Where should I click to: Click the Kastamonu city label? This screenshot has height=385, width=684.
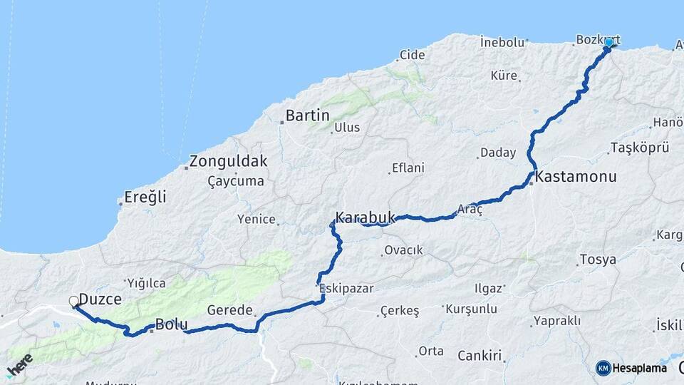pos(576,176)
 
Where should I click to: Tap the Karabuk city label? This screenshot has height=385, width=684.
pos(365,215)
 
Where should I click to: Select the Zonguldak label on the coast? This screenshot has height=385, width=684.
pos(228,161)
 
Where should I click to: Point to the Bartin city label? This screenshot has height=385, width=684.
pos(307,115)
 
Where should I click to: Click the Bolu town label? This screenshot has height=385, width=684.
pos(171,324)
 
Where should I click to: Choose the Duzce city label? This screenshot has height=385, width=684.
pos(100,299)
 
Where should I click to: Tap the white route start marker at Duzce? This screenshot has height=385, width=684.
pos(73,302)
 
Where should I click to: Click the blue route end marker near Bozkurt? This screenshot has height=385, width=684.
pos(608,43)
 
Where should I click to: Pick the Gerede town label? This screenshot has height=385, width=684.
pos(229,310)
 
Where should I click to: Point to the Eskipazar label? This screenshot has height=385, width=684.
pos(346,289)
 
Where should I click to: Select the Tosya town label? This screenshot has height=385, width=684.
pos(598,260)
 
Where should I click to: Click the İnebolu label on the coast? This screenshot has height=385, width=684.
pos(502,42)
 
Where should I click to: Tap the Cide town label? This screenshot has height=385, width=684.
pos(412,55)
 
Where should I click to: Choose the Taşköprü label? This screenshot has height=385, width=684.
pos(640,148)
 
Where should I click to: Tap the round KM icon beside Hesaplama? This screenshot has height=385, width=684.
pos(603,368)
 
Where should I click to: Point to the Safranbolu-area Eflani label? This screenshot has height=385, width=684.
pos(408,168)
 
